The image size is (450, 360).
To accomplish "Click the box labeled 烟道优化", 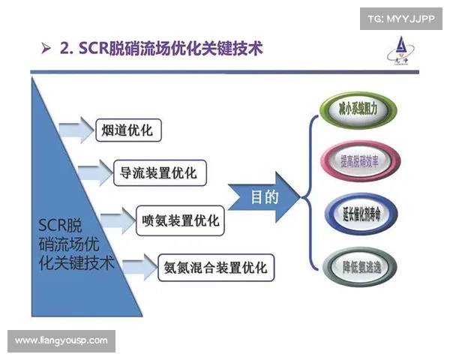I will (127, 130).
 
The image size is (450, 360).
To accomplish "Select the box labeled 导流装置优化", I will (158, 173).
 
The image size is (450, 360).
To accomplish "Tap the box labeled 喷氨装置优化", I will (181, 220).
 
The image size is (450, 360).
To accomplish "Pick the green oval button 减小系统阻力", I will (358, 109).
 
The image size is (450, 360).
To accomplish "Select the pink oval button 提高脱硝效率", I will (358, 159).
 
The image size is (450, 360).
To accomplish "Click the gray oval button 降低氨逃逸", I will (358, 265).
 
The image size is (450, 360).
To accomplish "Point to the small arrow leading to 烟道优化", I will (76, 130).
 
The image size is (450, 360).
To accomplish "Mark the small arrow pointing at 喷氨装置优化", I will (116, 220).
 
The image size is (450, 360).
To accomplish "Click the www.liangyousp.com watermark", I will (61, 340).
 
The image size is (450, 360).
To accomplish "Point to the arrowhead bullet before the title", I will (46, 50).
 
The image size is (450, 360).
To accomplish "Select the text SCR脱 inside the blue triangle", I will (60, 225).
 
